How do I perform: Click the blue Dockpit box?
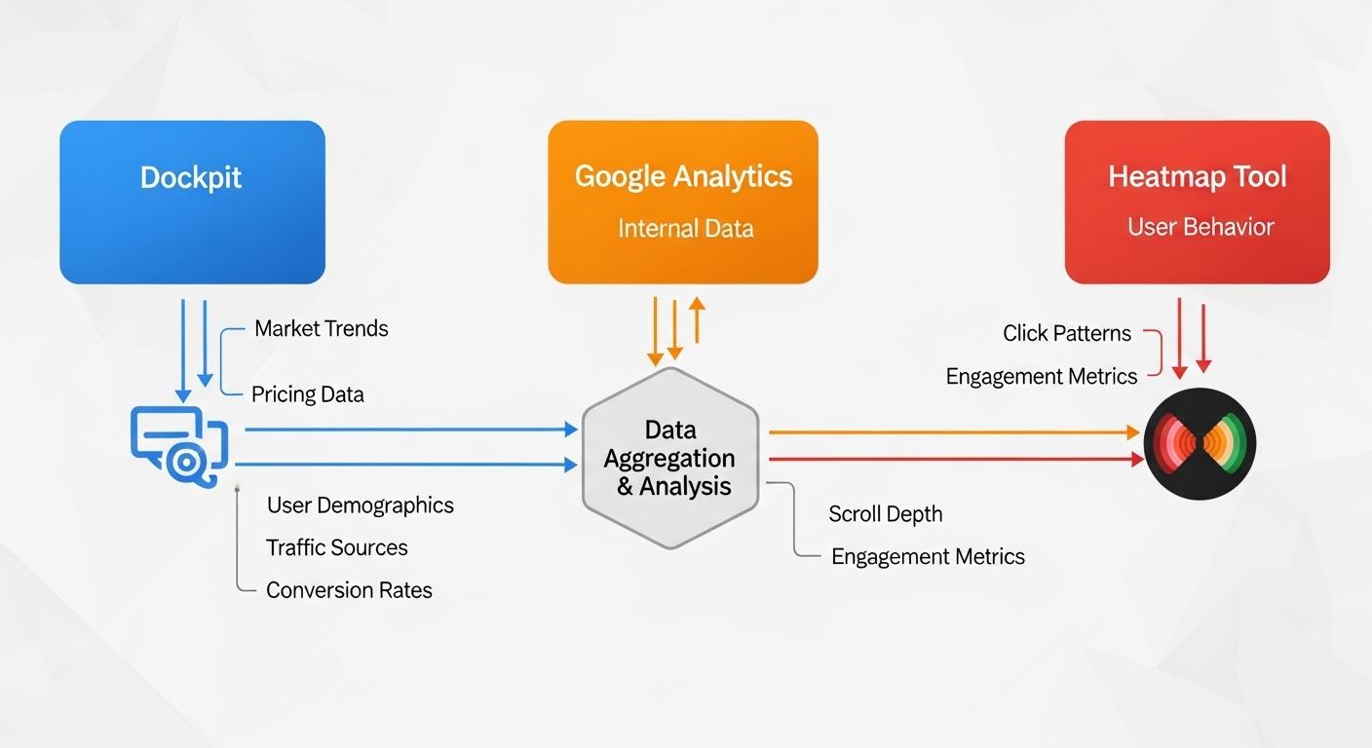pyautogui.click(x=192, y=202)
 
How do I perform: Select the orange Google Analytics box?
pyautogui.click(x=683, y=202)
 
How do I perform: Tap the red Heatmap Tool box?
pyautogui.click(x=1197, y=202)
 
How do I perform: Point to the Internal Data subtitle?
pyautogui.click(x=685, y=229)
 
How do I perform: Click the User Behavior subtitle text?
pyautogui.click(x=1200, y=227)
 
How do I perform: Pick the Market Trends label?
pyautogui.click(x=321, y=328)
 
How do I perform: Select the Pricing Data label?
pyautogui.click(x=307, y=394)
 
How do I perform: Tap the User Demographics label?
pyautogui.click(x=360, y=505)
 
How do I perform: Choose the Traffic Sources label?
pyautogui.click(x=336, y=547)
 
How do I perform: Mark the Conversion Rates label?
pyautogui.click(x=349, y=590)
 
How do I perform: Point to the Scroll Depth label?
pyautogui.click(x=885, y=514)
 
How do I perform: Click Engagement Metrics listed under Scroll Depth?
pyautogui.click(x=927, y=557)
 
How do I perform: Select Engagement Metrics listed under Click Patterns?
pyautogui.click(x=1041, y=377)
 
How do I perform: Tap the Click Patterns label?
pyautogui.click(x=1066, y=333)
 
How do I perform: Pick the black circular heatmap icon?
pyautogui.click(x=1200, y=443)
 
